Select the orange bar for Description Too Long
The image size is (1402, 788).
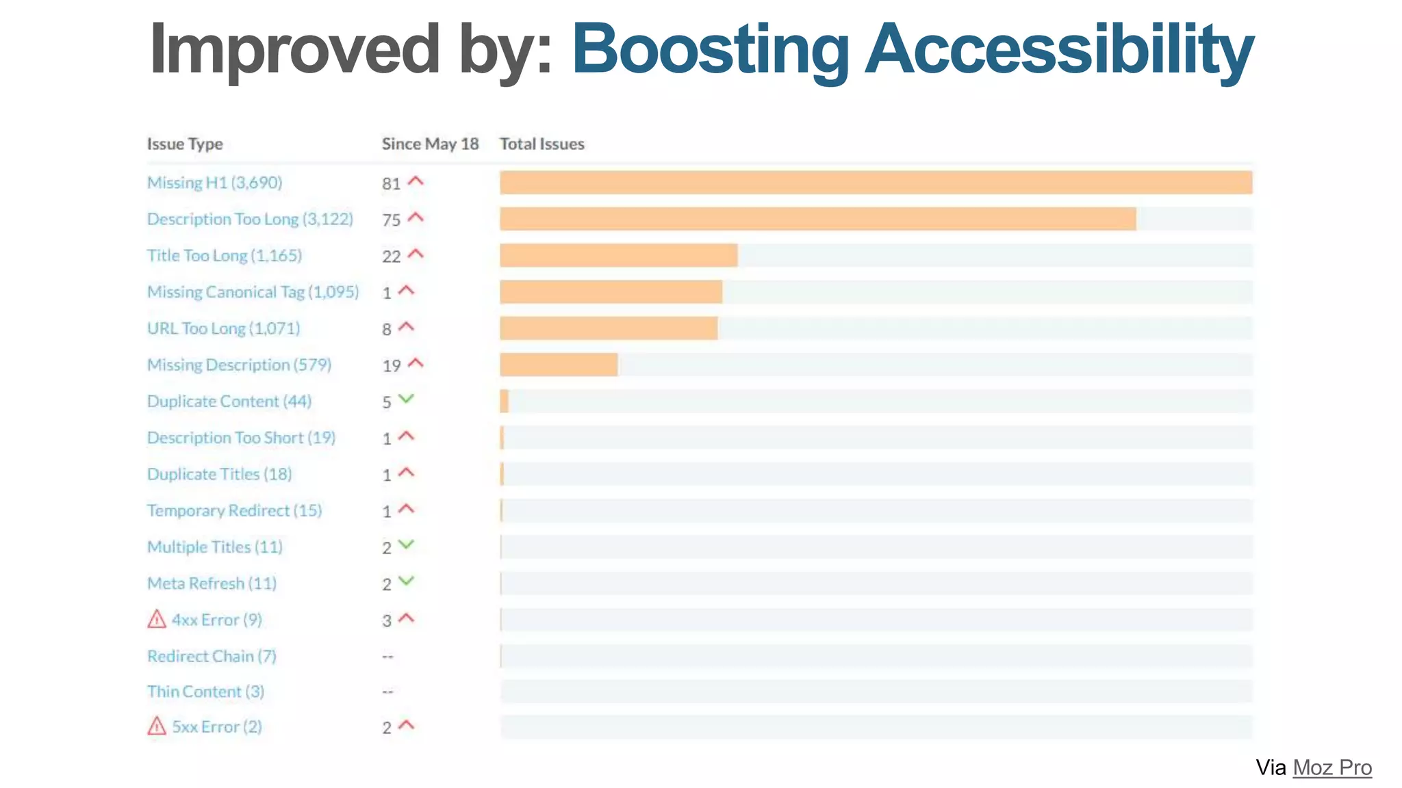pos(817,219)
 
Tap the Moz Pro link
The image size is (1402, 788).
pos(1331,767)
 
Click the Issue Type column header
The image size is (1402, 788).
pos(185,144)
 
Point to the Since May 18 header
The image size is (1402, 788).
pos(430,144)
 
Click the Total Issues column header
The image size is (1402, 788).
pos(541,144)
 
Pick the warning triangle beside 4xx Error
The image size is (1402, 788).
pos(157,619)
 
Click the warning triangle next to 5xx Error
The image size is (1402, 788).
pos(157,726)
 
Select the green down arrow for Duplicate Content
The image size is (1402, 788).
pos(407,399)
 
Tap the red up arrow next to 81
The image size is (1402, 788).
pos(416,181)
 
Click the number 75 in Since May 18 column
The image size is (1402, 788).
pos(391,220)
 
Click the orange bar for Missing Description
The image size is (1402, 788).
pos(559,365)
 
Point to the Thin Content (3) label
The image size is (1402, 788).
pos(205,692)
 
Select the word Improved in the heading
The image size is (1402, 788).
pos(294,49)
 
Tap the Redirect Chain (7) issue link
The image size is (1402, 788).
pos(212,656)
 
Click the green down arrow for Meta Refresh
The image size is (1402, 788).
pos(407,581)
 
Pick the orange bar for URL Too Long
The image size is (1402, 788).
pos(609,328)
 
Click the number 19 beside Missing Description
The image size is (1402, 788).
pos(391,366)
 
